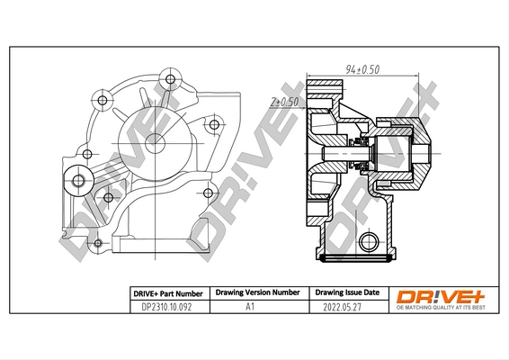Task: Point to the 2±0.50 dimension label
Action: pos(283,103)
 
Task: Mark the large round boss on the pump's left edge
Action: pos(79,182)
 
